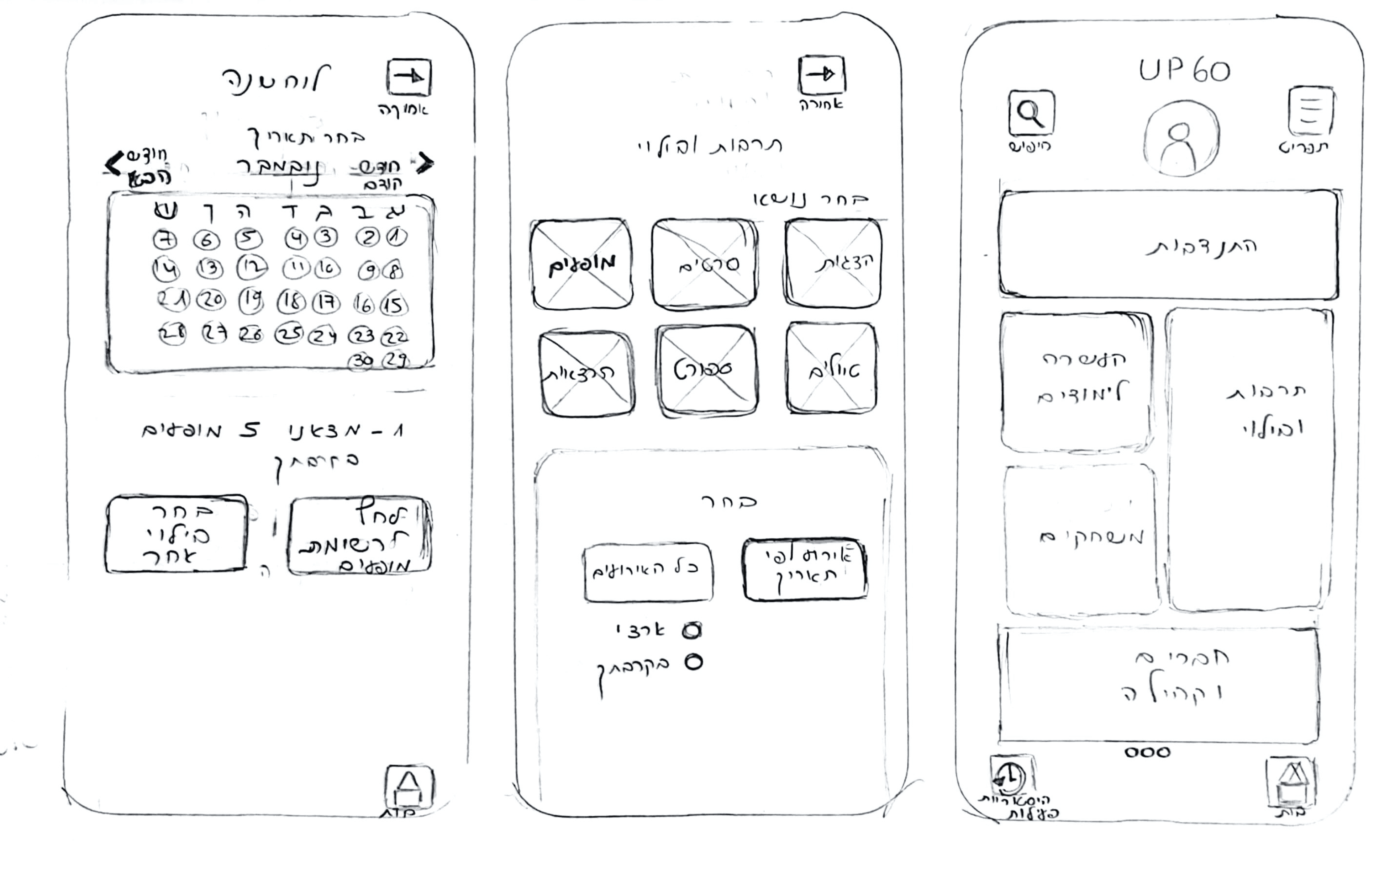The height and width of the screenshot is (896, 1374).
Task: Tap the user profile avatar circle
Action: point(1181,138)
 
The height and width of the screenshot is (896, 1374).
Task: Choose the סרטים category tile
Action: point(704,264)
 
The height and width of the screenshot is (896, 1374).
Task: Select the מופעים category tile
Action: point(582,264)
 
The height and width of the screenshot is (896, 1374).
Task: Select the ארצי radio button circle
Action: point(691,631)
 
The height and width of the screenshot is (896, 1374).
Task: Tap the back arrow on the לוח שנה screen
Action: point(409,77)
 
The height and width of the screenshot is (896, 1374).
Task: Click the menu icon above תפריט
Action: point(1311,111)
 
